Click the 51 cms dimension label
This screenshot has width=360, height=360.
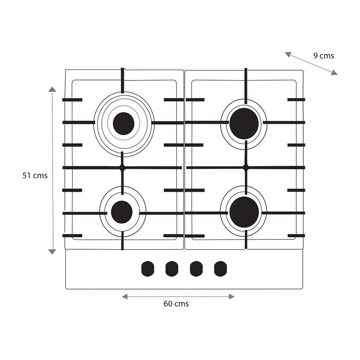[35, 175]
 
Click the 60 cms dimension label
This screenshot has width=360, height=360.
[176, 304]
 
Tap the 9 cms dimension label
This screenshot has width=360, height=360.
[324, 56]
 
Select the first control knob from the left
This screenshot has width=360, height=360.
[147, 269]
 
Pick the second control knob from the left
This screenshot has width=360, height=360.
[171, 269]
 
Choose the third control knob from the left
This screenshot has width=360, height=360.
[196, 269]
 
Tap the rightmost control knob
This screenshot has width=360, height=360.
[220, 269]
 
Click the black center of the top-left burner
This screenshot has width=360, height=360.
[124, 123]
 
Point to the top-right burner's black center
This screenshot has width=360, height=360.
[244, 123]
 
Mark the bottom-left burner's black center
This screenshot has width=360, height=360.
[121, 212]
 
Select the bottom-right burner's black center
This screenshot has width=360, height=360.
[244, 212]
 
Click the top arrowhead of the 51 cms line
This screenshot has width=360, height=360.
[53, 89]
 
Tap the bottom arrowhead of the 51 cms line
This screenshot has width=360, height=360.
[53, 251]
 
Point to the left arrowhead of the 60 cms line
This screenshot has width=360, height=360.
[125, 297]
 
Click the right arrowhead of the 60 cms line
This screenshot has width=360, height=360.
[232, 297]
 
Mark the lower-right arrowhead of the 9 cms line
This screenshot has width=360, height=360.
[334, 73]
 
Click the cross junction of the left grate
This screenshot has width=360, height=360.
[122, 167]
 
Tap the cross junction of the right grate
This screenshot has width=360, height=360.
[246, 167]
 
